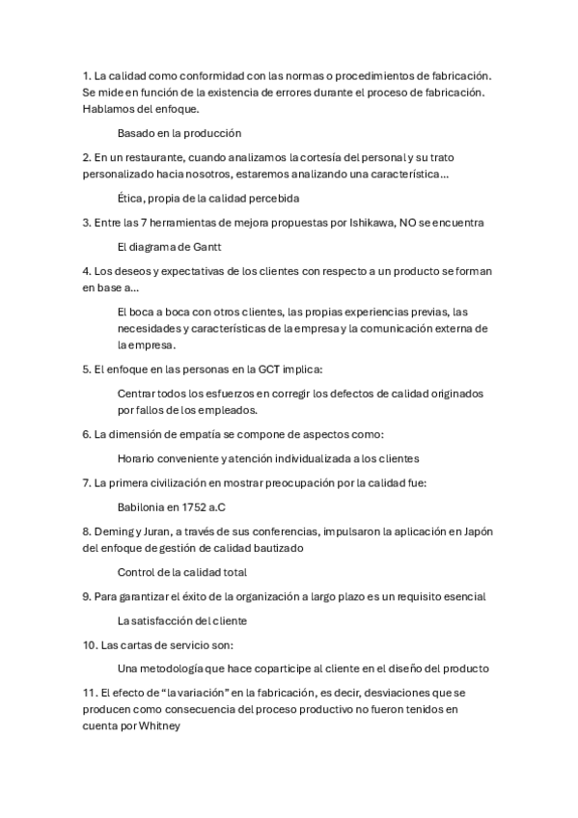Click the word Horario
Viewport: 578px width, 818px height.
pyautogui.click(x=140, y=458)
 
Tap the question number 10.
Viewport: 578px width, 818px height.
pyautogui.click(x=90, y=643)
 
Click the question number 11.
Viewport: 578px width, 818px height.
pyautogui.click(x=90, y=693)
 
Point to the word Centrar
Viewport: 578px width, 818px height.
pyautogui.click(x=140, y=394)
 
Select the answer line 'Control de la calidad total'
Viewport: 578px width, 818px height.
pyautogui.click(x=181, y=572)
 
